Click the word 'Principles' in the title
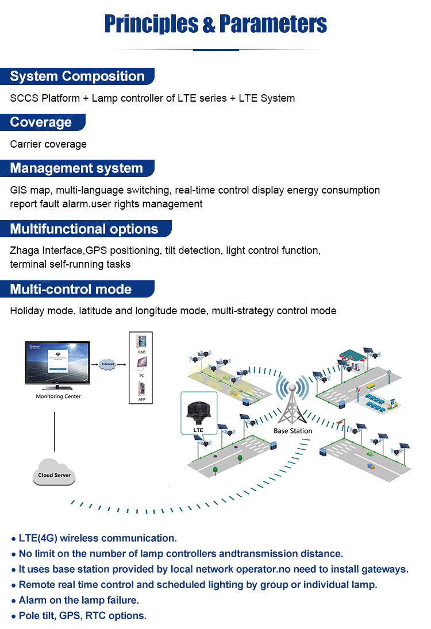(151, 24)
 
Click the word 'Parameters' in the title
(273, 24)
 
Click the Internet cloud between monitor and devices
(108, 364)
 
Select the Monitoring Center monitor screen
(58, 364)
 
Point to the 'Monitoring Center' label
(58, 396)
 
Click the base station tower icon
(293, 402)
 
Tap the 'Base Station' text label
(293, 431)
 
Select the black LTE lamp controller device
(198, 411)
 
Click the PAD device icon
(141, 342)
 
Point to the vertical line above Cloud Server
(55, 429)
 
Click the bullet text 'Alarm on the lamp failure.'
(79, 600)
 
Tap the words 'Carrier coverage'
(48, 144)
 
